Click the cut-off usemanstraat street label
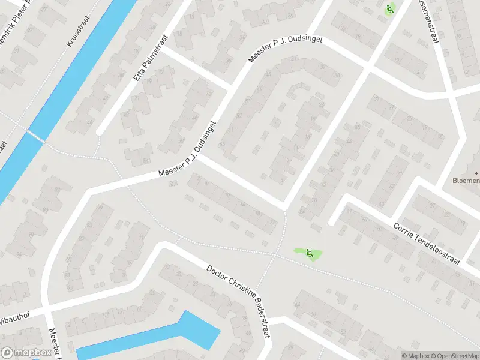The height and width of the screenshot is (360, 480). pyautogui.click(x=431, y=22)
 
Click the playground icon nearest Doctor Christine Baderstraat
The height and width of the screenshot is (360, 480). pyautogui.click(x=309, y=253)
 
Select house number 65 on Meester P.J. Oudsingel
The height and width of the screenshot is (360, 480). pyautogui.click(x=221, y=144)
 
